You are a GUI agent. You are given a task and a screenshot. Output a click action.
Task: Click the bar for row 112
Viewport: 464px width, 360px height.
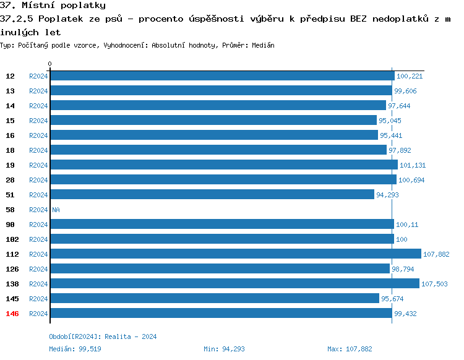coord(235,254)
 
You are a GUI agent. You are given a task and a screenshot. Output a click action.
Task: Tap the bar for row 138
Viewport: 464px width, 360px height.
coord(234,284)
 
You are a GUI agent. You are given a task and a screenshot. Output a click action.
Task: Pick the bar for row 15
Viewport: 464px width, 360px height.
coord(213,121)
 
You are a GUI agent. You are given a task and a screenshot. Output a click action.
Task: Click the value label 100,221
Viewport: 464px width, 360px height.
coord(409,76)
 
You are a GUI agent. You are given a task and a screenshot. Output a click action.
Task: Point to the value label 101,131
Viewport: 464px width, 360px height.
coord(412,165)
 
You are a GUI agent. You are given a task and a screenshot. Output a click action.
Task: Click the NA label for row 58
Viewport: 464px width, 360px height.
coord(56,210)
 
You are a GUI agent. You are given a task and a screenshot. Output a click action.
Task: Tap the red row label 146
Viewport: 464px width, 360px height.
coord(12,314)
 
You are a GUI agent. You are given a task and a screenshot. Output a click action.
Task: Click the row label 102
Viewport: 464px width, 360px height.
coord(12,239)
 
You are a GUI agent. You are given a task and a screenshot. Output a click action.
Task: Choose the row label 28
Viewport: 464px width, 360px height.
coord(11,180)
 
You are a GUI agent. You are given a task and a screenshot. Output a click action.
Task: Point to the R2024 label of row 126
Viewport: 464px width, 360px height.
coord(38,269)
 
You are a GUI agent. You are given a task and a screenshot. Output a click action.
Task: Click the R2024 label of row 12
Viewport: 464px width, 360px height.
coord(38,76)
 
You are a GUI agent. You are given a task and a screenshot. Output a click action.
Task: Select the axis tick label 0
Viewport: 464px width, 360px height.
coord(50,64)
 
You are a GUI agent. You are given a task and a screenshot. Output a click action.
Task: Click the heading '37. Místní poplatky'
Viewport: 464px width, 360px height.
coord(53,6)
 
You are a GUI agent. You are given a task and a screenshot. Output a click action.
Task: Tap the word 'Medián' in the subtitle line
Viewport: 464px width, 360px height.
coord(263,45)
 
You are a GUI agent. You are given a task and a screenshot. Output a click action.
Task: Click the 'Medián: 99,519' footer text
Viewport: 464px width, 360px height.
coord(75,349)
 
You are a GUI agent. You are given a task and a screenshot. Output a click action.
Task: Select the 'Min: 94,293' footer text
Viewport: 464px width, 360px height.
coord(224,349)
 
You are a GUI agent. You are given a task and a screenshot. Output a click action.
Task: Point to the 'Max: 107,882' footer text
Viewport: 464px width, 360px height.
coord(350,349)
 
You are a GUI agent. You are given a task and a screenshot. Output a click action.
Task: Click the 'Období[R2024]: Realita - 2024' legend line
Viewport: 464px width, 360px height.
coord(103,336)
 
